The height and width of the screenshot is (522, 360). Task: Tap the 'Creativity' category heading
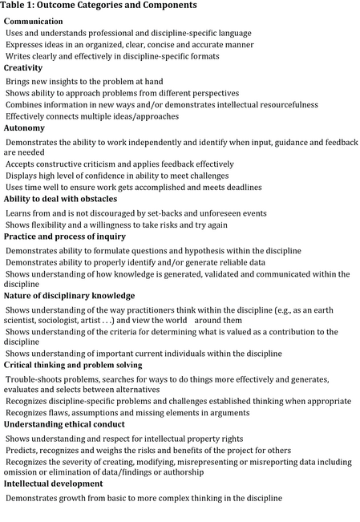tap(23, 68)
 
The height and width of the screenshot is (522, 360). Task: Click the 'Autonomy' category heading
tap(24, 128)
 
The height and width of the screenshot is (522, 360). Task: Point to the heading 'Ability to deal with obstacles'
tap(60, 199)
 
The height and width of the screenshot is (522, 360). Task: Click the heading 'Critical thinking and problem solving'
tap(73, 365)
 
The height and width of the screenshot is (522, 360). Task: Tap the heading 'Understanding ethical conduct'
tap(64, 424)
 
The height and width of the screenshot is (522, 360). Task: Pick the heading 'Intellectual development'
tap(55, 484)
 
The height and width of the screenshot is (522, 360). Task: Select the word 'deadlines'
tap(238, 187)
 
